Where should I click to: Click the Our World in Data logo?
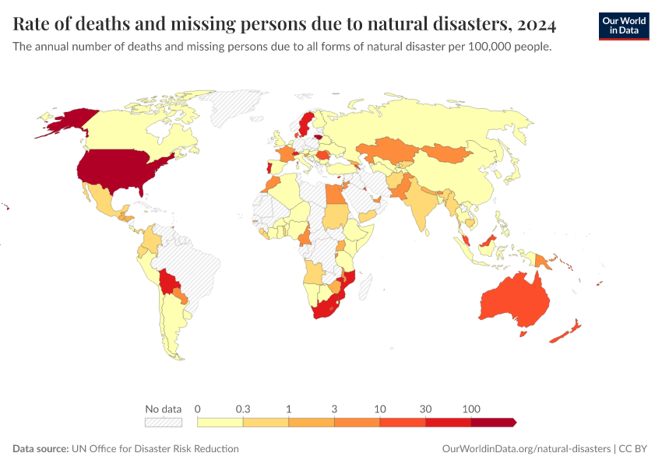tap(623, 25)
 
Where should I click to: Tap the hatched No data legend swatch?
tap(164, 422)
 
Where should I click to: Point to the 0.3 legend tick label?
tap(243, 409)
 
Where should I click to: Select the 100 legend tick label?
tap(470, 409)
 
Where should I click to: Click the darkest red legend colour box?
tap(492, 422)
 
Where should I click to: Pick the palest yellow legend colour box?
tap(220, 422)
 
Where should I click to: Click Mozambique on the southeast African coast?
tap(347, 281)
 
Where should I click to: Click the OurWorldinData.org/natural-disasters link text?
tap(526, 449)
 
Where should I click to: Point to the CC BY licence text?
tap(634, 449)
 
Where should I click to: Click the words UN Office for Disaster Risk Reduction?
tap(155, 449)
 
